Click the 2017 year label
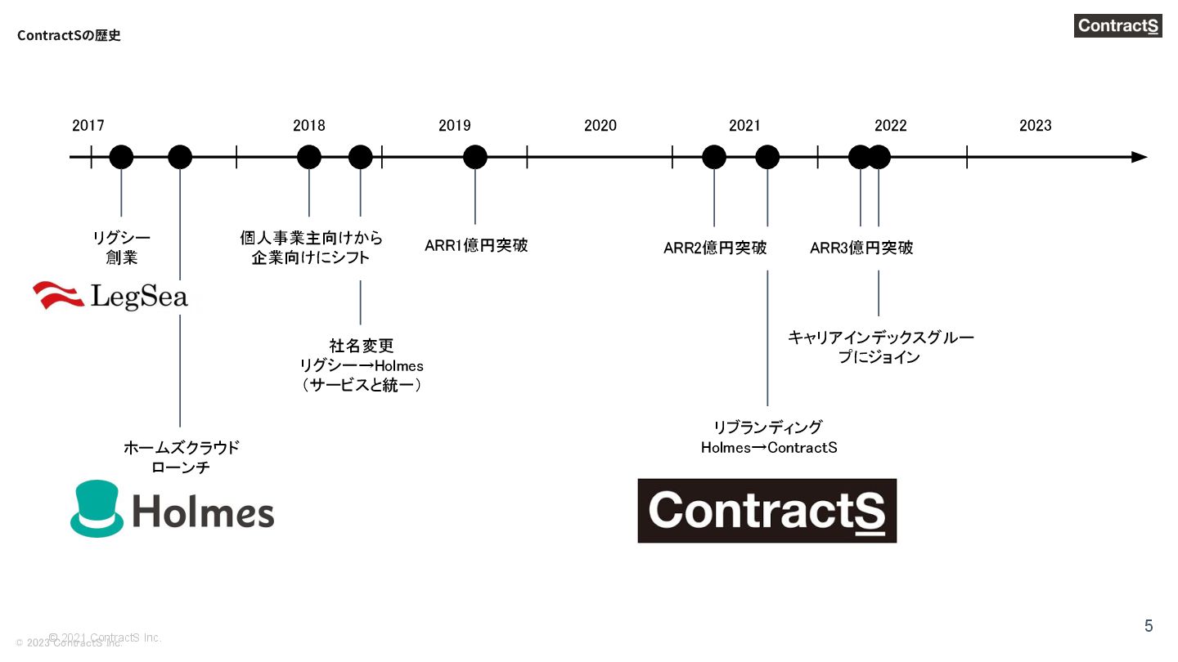pos(88,126)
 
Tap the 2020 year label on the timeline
pos(600,126)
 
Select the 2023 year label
pos(1036,126)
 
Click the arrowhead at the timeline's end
pos(1139,157)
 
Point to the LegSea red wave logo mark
pos(58,295)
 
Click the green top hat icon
pos(97,508)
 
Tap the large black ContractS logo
pos(767,511)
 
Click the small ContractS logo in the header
pos(1117,25)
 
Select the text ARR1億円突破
pos(476,245)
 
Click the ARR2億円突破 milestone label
pos(715,248)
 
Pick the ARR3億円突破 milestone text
pos(861,248)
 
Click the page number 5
pos(1149,626)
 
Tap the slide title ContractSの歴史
pos(69,36)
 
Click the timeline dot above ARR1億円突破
pos(475,157)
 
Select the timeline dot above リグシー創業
pos(121,157)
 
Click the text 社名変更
pos(362,346)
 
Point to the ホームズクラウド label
pos(181,448)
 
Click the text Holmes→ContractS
pos(769,448)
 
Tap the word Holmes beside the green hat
pos(203,512)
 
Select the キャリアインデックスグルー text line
pos(881,338)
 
